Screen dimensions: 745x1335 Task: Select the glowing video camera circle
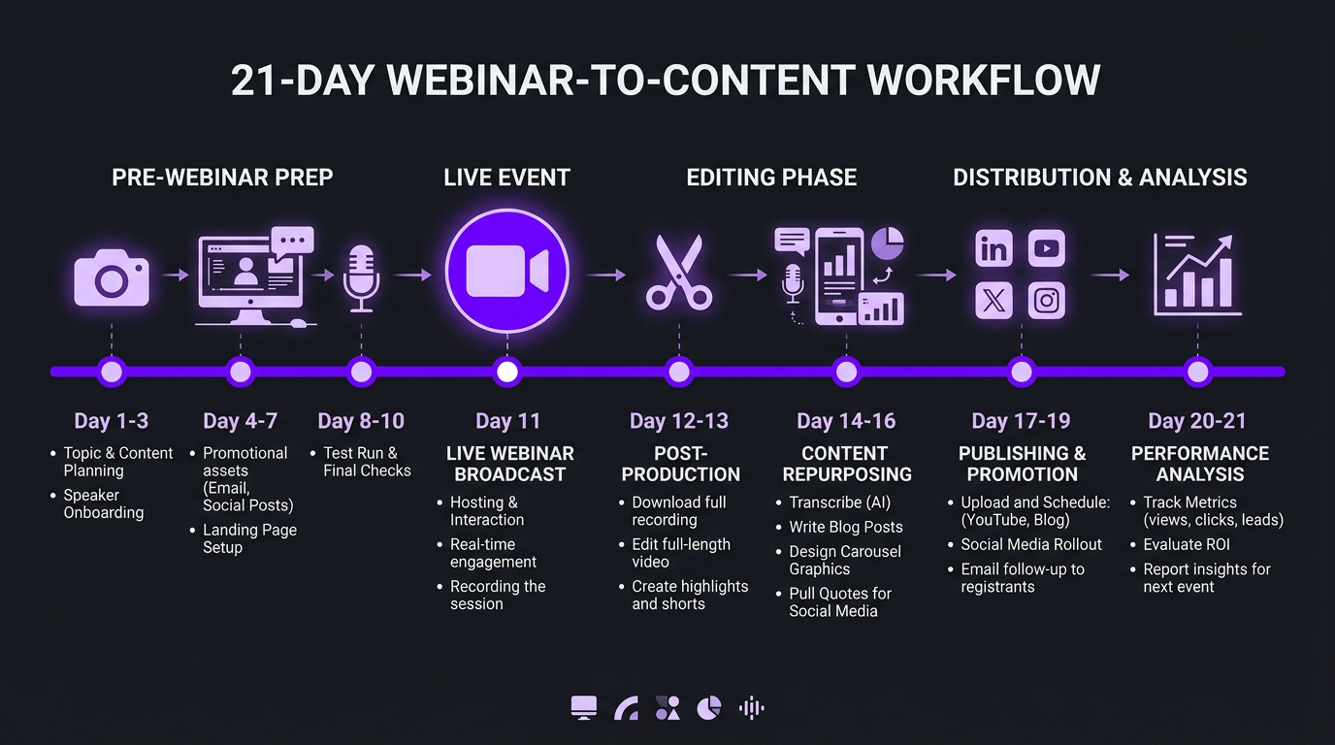pyautogui.click(x=506, y=272)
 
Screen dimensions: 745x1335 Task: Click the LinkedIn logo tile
pyautogui.click(x=994, y=249)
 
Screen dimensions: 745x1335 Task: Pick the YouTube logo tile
pyautogui.click(x=1047, y=249)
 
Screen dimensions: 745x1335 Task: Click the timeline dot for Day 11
pyautogui.click(x=506, y=372)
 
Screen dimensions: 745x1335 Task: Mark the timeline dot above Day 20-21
pyautogui.click(x=1198, y=372)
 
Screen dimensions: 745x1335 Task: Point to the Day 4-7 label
pyautogui.click(x=240, y=421)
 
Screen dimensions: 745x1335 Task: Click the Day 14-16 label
pyautogui.click(x=846, y=421)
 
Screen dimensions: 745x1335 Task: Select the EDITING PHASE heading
pyautogui.click(x=771, y=178)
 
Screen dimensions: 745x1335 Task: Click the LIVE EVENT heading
pyautogui.click(x=506, y=178)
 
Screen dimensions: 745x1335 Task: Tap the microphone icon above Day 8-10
pyautogui.click(x=361, y=277)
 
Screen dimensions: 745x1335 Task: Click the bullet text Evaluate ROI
pyautogui.click(x=1187, y=545)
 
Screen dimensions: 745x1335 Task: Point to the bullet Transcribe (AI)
pyautogui.click(x=839, y=502)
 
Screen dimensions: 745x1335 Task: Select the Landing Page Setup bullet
pyautogui.click(x=249, y=538)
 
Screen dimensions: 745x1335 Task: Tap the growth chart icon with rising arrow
pyautogui.click(x=1196, y=275)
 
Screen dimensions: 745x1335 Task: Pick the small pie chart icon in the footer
pyautogui.click(x=709, y=708)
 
